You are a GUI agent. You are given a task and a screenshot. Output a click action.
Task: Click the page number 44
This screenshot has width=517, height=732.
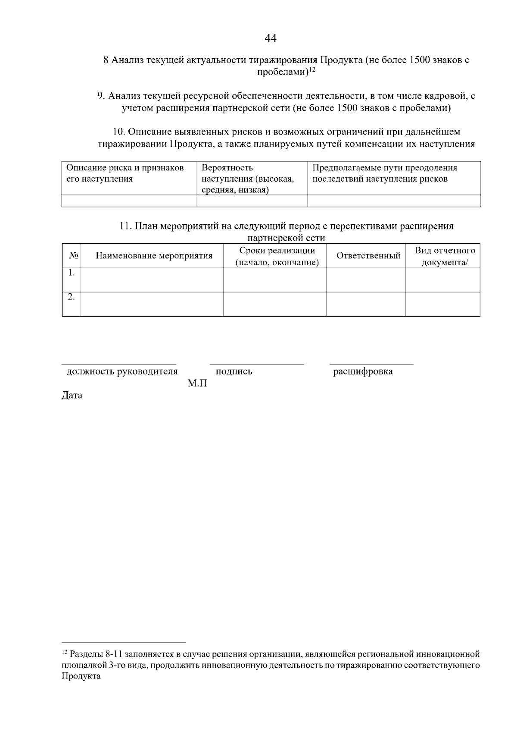click(271, 39)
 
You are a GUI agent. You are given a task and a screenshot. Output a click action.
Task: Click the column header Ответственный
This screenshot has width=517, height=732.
click(368, 256)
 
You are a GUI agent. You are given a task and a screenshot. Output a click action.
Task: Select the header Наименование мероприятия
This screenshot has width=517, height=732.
click(154, 256)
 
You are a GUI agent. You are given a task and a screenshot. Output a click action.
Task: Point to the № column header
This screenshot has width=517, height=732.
click(73, 256)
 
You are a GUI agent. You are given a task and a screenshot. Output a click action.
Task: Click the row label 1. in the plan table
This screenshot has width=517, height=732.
click(72, 273)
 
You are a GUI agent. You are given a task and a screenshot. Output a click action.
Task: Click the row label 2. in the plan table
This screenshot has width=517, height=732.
click(72, 297)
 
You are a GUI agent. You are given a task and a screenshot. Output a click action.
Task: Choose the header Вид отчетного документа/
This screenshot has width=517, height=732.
click(445, 256)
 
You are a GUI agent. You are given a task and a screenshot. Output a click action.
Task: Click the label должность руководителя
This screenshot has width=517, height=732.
click(122, 371)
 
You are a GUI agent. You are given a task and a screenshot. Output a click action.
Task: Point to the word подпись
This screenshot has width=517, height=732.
click(234, 371)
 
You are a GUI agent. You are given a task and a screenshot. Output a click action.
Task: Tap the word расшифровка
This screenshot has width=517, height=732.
click(363, 371)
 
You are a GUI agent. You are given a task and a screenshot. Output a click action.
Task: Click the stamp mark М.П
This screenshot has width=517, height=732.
click(197, 383)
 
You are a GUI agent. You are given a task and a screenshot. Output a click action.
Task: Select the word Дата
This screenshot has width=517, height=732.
click(72, 395)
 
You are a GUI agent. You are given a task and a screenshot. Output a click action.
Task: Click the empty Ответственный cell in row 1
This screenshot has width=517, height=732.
click(366, 280)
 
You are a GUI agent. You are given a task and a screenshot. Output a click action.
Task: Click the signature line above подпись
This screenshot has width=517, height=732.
click(257, 364)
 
